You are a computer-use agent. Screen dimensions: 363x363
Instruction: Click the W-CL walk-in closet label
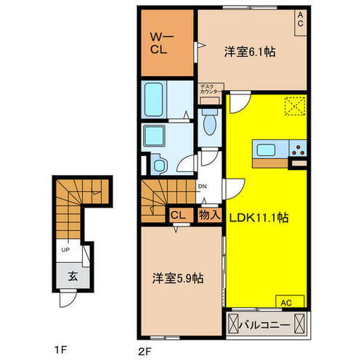(x=160, y=46)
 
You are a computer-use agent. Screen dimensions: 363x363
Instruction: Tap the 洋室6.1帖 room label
(x=249, y=52)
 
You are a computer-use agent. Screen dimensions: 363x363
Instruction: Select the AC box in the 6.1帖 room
(x=299, y=21)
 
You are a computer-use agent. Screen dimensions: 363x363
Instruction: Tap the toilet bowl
(x=209, y=123)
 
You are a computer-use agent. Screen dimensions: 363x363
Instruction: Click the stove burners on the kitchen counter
(x=298, y=151)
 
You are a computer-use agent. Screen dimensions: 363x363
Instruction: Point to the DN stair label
(x=203, y=185)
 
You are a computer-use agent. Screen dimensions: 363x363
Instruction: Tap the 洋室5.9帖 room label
(x=177, y=280)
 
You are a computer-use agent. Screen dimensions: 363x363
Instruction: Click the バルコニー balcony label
(x=274, y=323)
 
